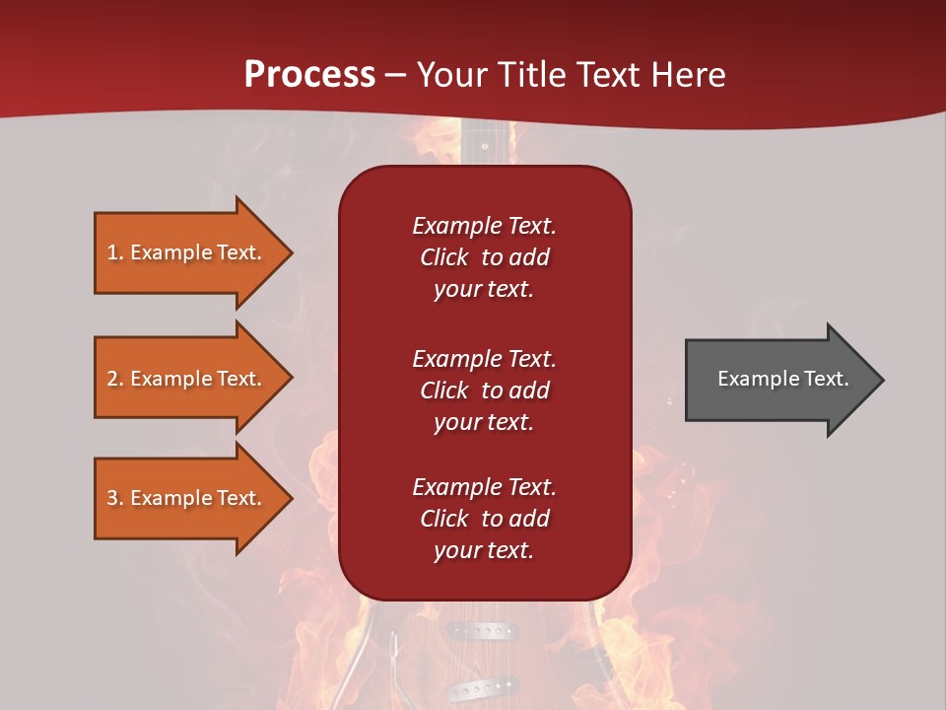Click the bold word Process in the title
[309, 75]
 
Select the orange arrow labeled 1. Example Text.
[187, 252]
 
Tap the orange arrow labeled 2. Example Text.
[187, 379]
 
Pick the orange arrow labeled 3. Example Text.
[187, 498]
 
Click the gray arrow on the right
[778, 379]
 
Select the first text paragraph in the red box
[484, 257]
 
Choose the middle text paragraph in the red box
[484, 390]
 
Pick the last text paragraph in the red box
[484, 519]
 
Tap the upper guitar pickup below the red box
[482, 629]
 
